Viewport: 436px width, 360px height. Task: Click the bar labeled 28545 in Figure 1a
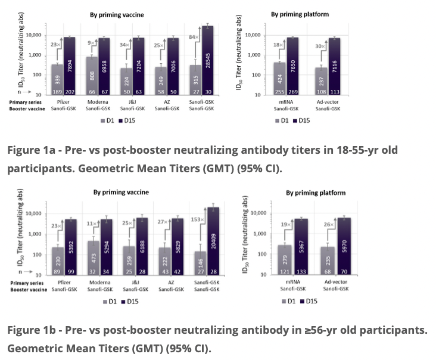pos(207,60)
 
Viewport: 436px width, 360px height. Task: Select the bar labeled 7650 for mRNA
pos(309,66)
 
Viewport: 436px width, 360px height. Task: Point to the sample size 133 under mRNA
pos(308,271)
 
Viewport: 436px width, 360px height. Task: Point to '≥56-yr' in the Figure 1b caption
pos(316,330)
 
